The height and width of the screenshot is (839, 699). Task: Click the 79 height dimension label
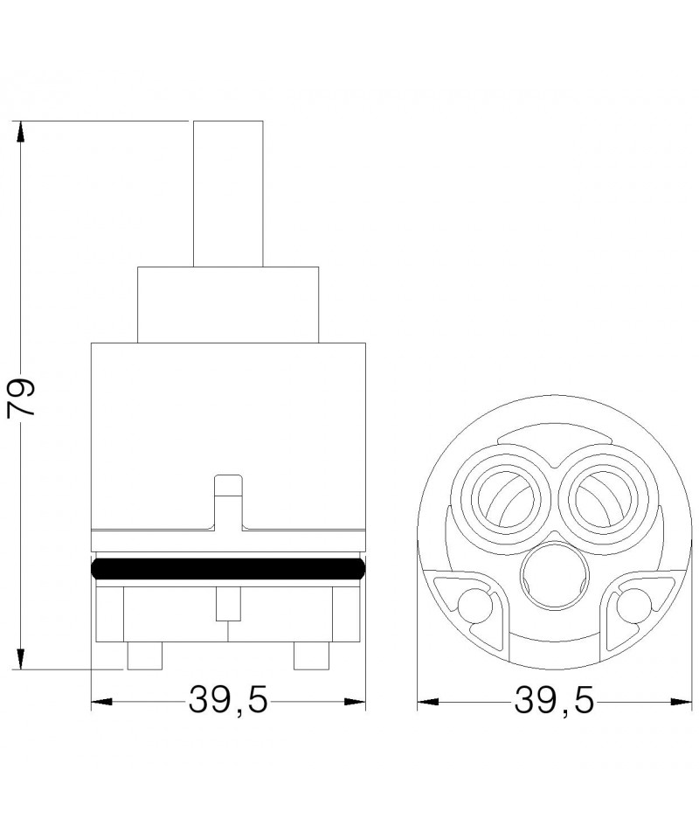[x=20, y=398]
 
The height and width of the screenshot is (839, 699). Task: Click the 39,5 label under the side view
[x=228, y=700]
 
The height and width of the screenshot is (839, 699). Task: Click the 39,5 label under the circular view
[x=554, y=700]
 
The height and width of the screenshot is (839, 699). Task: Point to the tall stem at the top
[x=228, y=194]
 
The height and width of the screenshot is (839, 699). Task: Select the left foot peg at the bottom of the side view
[x=144, y=655]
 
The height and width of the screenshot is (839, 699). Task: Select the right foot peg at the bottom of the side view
[x=311, y=655]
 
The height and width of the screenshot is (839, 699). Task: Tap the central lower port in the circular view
[x=553, y=578]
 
